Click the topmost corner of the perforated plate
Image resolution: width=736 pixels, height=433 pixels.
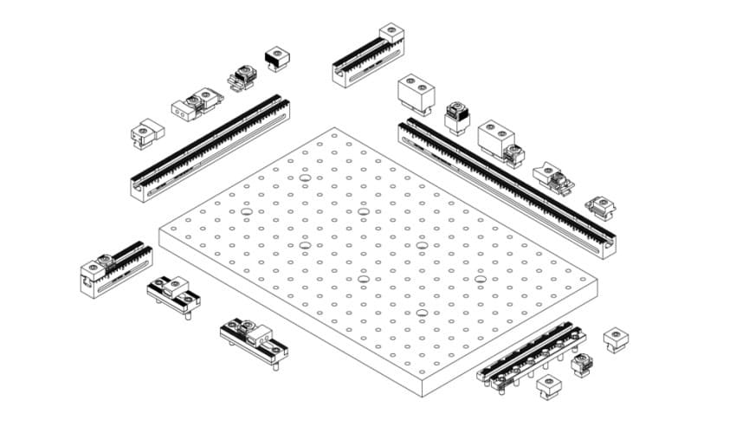[334, 129]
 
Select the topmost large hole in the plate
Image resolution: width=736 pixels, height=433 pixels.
[304, 179]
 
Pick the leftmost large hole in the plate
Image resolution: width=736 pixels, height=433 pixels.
[246, 211]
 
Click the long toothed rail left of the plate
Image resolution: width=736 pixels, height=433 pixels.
[210, 147]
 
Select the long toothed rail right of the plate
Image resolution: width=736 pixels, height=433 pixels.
[507, 185]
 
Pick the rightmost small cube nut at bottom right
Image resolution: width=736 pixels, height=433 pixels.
[616, 339]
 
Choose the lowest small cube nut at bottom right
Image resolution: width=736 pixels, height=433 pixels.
[547, 385]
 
